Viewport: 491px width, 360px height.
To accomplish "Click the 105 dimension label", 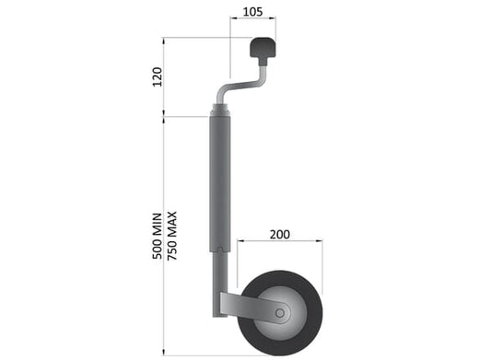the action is coord(252,12).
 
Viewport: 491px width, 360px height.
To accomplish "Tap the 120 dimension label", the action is coord(158,76).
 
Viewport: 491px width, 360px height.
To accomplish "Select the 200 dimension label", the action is coord(280,235).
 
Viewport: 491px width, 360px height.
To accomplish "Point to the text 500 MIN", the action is coord(158,236).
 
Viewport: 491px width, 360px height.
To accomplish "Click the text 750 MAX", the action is coord(172,236).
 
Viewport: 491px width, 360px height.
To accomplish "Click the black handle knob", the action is coord(263,48).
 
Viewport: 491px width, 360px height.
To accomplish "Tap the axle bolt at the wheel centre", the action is coord(280,313).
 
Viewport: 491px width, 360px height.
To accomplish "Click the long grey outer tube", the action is coord(220,184).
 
